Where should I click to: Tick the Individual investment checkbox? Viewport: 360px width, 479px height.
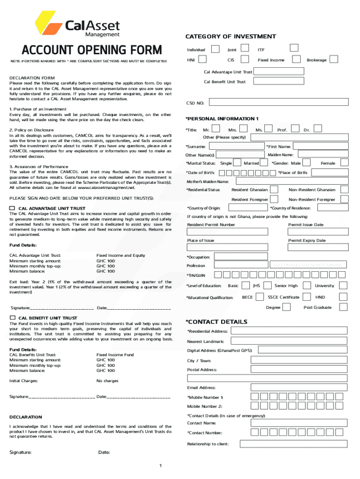tap(215, 49)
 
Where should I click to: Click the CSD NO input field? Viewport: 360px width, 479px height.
tap(278, 102)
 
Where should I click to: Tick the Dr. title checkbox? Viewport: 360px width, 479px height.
tap(318, 129)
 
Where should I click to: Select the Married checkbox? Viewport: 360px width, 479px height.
tap(265, 163)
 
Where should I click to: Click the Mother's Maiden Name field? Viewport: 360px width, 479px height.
tap(292, 181)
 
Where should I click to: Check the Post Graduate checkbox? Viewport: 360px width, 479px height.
tap(344, 307)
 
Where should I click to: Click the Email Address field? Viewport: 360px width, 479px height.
tap(299, 387)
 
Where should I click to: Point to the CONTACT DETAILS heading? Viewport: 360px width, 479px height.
tap(216, 321)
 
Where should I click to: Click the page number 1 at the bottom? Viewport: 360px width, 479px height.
tap(160, 465)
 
